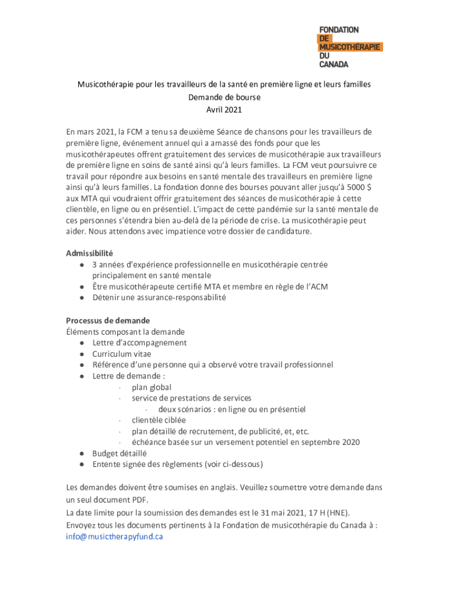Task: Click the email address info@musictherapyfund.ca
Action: pyautogui.click(x=114, y=536)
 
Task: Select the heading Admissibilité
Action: pyautogui.click(x=89, y=253)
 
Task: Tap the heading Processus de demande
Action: pyautogui.click(x=107, y=320)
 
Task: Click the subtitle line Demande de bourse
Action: pyautogui.click(x=224, y=97)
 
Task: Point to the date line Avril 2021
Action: pyautogui.click(x=224, y=110)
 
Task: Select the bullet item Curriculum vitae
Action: pyautogui.click(x=121, y=353)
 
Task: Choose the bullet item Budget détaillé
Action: pyautogui.click(x=120, y=453)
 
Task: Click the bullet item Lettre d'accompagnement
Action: pyautogui.click(x=139, y=342)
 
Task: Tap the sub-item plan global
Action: pyautogui.click(x=152, y=387)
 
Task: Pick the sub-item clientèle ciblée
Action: pyautogui.click(x=159, y=420)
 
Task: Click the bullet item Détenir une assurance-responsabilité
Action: pyautogui.click(x=159, y=297)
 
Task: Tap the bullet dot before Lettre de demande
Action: pyautogui.click(x=83, y=376)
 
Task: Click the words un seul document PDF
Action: pyautogui.click(x=107, y=500)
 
